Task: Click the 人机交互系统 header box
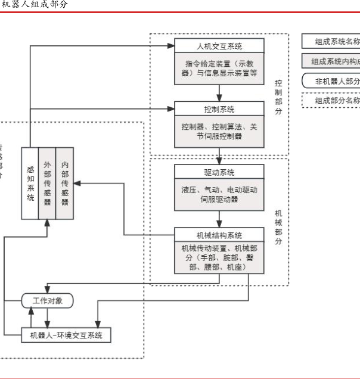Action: [x=219, y=46]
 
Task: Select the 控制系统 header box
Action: [x=219, y=109]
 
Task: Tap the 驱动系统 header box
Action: [x=219, y=172]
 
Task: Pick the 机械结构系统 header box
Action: [x=219, y=235]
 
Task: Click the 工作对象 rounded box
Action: [x=47, y=301]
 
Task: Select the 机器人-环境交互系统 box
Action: [x=66, y=335]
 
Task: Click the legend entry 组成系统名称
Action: [x=334, y=42]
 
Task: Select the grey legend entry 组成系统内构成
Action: [x=334, y=61]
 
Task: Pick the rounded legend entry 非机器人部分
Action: [x=334, y=81]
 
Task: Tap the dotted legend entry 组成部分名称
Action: [x=334, y=100]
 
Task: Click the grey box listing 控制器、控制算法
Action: [x=219, y=131]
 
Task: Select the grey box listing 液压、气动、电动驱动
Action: [x=219, y=194]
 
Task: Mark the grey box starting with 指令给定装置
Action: [x=219, y=68]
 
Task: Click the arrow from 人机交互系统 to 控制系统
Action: [x=219, y=92]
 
